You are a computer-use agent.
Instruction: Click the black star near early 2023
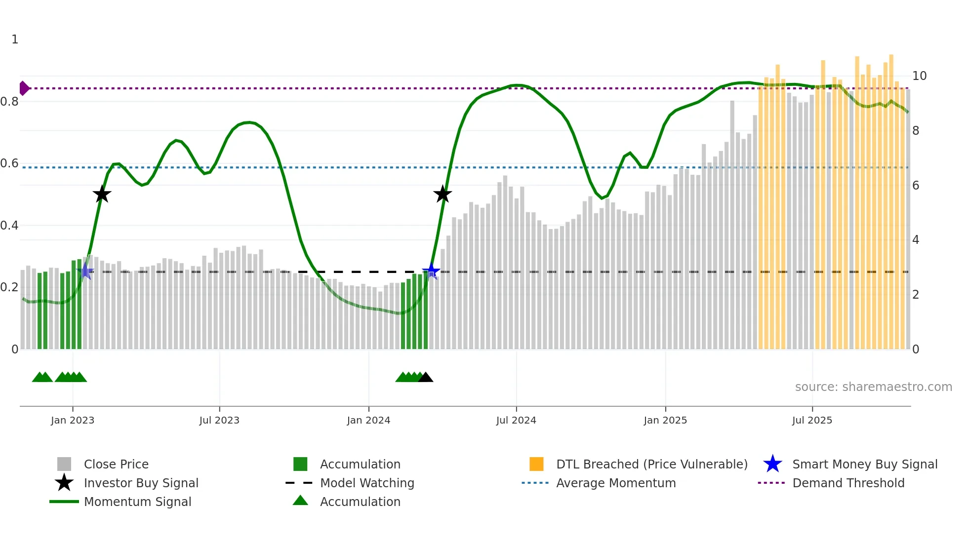(x=102, y=194)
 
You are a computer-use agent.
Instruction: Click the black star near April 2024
(x=443, y=194)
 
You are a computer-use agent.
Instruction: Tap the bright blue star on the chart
(x=431, y=271)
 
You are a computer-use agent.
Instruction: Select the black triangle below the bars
(x=426, y=378)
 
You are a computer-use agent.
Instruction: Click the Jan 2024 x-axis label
(x=368, y=420)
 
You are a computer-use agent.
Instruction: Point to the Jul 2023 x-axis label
(x=219, y=420)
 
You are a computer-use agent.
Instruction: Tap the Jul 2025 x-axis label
(x=812, y=420)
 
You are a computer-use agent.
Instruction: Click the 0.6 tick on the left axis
(x=9, y=163)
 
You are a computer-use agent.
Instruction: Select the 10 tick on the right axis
(x=919, y=76)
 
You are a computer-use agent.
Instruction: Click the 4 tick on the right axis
(x=916, y=240)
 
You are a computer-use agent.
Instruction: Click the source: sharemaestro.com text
(x=873, y=387)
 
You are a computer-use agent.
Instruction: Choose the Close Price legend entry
(x=116, y=464)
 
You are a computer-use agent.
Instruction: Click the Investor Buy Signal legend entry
(x=141, y=483)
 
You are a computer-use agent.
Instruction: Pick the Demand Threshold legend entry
(x=848, y=483)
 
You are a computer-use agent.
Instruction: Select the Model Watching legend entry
(x=367, y=483)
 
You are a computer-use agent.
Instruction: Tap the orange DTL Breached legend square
(x=536, y=464)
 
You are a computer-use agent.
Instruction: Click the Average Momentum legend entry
(x=615, y=483)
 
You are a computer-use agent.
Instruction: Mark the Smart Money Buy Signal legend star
(x=772, y=464)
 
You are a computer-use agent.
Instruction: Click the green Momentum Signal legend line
(x=64, y=502)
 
